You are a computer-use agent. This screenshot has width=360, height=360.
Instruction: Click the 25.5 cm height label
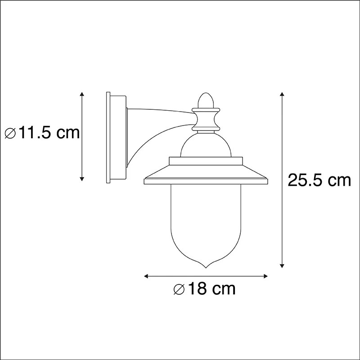tap(319, 180)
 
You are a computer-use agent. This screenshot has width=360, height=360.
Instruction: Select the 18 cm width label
tap(205, 288)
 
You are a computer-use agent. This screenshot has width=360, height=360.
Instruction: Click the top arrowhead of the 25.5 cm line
tap(282, 94)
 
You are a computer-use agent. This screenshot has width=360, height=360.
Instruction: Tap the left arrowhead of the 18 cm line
tap(146, 275)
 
